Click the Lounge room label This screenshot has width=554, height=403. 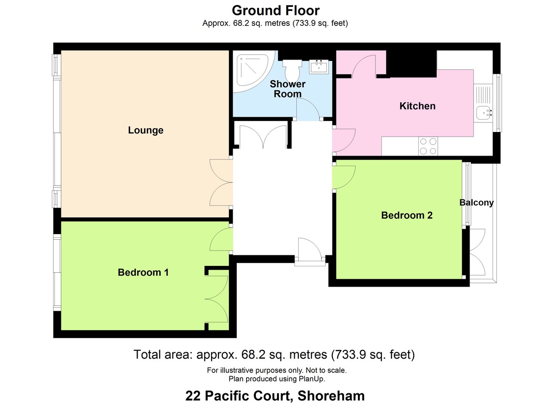tap(145, 130)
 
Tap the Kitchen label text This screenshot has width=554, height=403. tap(417, 106)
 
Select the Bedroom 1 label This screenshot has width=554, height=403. tap(143, 272)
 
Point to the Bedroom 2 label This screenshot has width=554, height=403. tap(407, 215)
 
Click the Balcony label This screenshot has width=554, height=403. tap(476, 203)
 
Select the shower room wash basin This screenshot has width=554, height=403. tap(319, 67)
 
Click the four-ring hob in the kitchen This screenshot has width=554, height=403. tap(428, 146)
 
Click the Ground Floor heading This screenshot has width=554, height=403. tap(275, 10)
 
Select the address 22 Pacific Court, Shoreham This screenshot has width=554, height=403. tap(275, 396)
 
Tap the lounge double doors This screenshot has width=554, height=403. tap(221, 182)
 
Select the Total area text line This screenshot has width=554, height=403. tap(274, 355)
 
